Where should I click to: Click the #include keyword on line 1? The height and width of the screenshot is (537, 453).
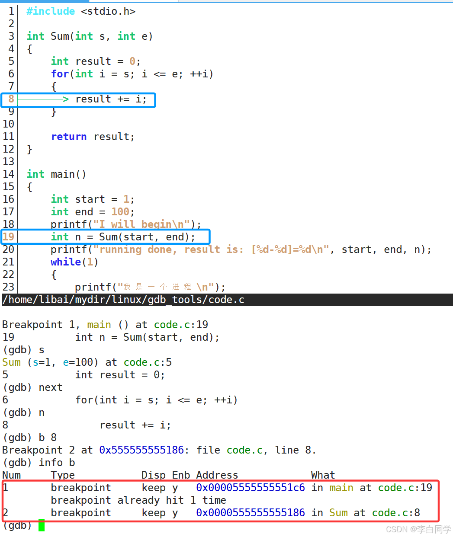(x=51, y=11)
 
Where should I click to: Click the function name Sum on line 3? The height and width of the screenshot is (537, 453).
(x=60, y=36)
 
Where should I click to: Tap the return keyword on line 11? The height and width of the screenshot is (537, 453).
(x=69, y=137)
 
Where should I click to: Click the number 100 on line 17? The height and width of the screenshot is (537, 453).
(x=120, y=212)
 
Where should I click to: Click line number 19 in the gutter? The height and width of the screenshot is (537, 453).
(x=8, y=237)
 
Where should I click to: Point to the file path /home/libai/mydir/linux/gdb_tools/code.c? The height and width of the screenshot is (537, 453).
(x=124, y=300)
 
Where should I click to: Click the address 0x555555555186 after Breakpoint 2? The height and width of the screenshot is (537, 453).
(x=141, y=450)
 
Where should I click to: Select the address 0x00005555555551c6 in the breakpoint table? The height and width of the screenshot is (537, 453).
(x=251, y=488)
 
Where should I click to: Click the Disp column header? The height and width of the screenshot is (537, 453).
(x=154, y=475)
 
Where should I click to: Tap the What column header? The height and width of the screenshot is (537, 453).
(x=323, y=475)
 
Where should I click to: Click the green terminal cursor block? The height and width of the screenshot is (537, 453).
(x=42, y=525)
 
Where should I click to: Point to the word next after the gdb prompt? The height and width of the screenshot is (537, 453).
(x=51, y=387)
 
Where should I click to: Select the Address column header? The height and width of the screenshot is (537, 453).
(x=217, y=475)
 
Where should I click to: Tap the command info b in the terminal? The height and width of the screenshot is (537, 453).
(x=57, y=463)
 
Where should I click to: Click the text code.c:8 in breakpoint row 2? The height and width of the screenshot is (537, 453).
(x=396, y=513)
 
